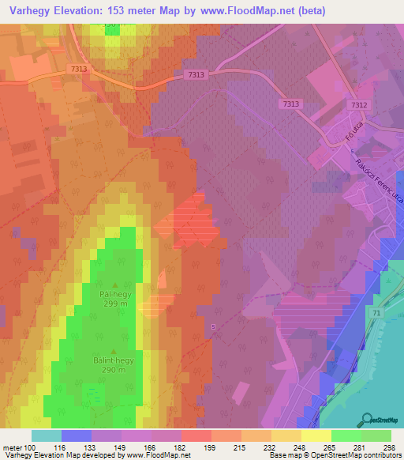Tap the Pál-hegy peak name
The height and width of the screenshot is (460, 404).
tap(115, 293)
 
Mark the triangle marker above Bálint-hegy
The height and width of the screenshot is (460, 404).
tap(115, 351)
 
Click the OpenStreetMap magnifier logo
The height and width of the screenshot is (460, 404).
tap(367, 418)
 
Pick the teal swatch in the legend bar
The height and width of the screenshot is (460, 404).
tap(47, 435)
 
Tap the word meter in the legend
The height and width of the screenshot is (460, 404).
tap(13, 447)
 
